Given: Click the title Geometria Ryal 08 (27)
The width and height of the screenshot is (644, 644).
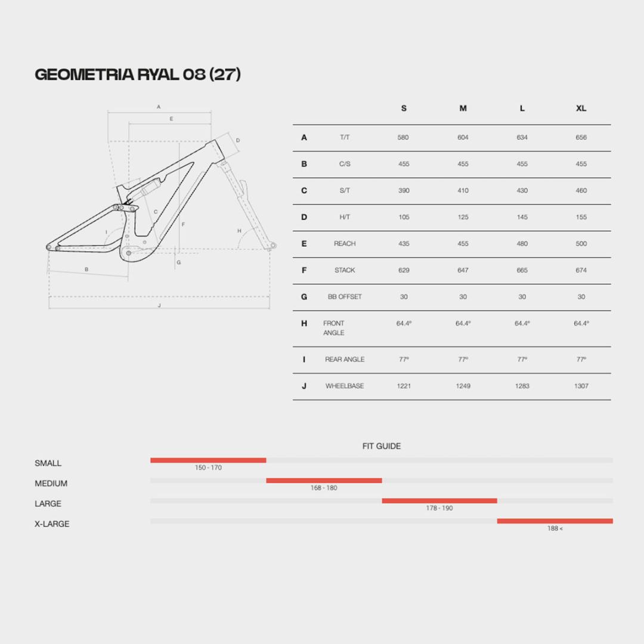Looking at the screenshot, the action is pyautogui.click(x=138, y=75).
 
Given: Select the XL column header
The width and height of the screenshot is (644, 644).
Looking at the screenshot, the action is pyautogui.click(x=581, y=109).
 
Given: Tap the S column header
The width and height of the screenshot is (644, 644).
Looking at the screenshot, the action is pyautogui.click(x=404, y=109).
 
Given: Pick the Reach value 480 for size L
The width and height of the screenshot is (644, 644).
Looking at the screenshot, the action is pyautogui.click(x=522, y=243).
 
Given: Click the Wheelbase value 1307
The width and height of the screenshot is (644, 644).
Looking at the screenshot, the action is pyautogui.click(x=581, y=386).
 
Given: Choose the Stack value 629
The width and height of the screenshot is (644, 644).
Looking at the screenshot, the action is pyautogui.click(x=404, y=270).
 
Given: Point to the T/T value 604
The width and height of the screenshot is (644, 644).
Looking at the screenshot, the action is pyautogui.click(x=463, y=138).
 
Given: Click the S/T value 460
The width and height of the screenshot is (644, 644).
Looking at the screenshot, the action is pyautogui.click(x=581, y=191).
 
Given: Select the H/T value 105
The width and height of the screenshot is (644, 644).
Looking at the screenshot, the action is pyautogui.click(x=404, y=217).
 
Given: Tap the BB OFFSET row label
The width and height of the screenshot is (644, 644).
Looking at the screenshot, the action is pyautogui.click(x=345, y=297).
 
